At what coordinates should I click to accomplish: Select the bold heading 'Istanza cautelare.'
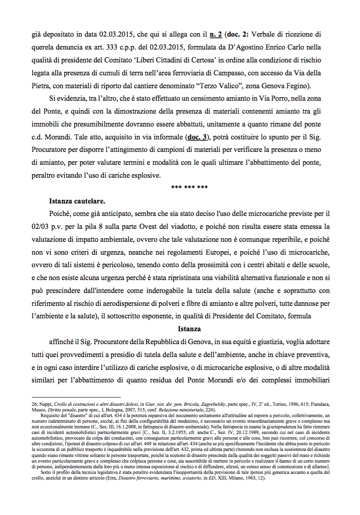tap(77, 201)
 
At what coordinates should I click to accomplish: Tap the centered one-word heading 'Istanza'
tap(189, 329)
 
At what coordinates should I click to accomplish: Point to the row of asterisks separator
tap(189, 188)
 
